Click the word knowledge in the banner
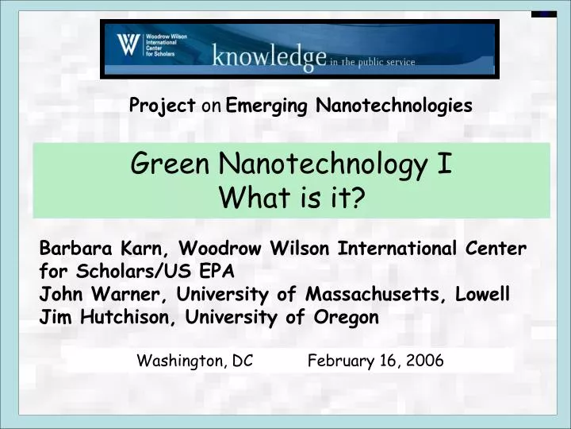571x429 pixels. (x=269, y=56)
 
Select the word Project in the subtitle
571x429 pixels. (x=163, y=106)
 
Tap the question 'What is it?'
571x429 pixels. (x=291, y=198)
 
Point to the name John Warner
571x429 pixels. (x=98, y=295)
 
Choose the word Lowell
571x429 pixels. (x=483, y=295)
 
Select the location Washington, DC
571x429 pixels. (x=195, y=361)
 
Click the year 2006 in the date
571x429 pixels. (x=425, y=361)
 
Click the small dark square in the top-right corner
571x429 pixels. (x=543, y=14)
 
